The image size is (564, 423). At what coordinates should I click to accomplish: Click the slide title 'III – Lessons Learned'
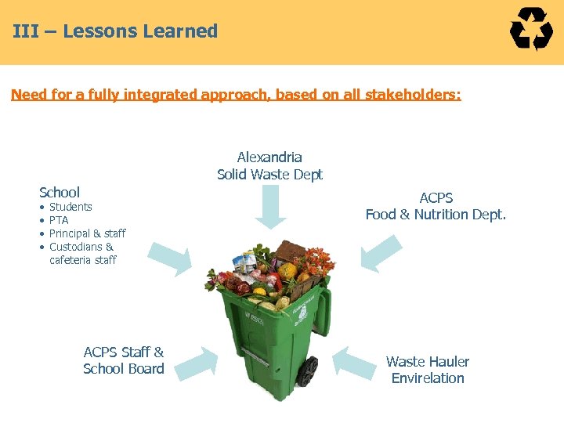click(x=115, y=31)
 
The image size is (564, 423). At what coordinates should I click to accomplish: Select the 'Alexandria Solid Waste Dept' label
click(x=269, y=166)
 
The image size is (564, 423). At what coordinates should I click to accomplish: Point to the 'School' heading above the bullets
click(x=60, y=192)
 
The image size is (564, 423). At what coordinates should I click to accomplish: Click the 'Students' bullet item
click(x=70, y=207)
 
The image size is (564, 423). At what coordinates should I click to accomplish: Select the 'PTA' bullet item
click(x=59, y=220)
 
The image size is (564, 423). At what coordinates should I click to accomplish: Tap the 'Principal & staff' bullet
click(x=87, y=233)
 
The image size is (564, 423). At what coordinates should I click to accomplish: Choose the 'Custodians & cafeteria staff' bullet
click(x=82, y=253)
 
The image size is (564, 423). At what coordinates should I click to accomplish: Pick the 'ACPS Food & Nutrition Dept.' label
click(x=436, y=206)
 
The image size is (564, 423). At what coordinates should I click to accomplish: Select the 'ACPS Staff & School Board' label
click(x=124, y=360)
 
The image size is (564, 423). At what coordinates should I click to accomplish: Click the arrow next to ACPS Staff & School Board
click(x=196, y=362)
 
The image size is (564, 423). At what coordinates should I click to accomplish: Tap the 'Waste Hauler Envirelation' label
click(x=428, y=370)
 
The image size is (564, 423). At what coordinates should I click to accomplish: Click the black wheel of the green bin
click(x=309, y=371)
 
